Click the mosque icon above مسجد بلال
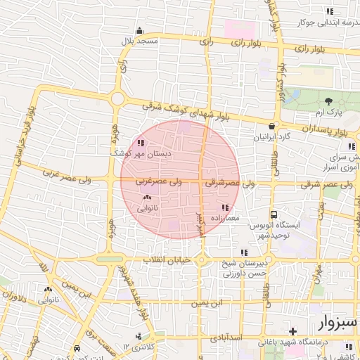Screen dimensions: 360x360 coord(139,31)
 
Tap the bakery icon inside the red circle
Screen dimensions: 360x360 coord(146,199)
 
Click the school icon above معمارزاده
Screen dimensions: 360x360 coord(225,207)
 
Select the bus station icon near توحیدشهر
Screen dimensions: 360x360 coord(274,214)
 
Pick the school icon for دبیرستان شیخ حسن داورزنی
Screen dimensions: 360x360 coord(244,252)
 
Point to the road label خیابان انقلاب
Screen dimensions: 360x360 coord(167,260)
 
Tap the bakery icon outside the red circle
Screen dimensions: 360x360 coord(48,290)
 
